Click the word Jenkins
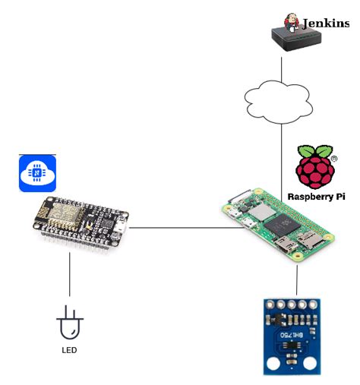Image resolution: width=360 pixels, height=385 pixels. pos(326,23)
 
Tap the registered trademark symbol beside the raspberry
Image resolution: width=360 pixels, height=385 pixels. pos(335,159)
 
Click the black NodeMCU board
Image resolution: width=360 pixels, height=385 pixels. pos(75,222)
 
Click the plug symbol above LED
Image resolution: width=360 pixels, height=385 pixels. pos(70,326)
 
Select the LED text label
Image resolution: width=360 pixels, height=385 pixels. pos(69,350)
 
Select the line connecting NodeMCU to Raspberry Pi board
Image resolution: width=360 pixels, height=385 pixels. pos(175,226)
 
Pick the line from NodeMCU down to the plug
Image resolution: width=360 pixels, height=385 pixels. pos(70,273)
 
